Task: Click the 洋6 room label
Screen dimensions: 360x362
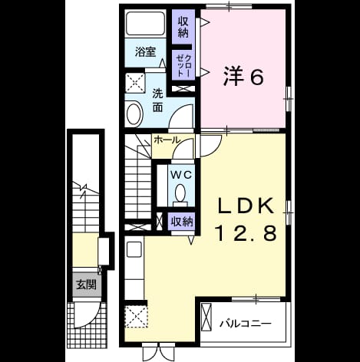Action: (x=243, y=77)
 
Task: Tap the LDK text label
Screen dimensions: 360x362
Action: (x=246, y=206)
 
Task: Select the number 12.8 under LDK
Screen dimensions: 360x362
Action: (x=246, y=233)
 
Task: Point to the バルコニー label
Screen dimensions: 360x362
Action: (x=246, y=324)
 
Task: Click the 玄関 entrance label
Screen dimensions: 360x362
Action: (x=87, y=285)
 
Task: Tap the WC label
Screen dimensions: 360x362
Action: (x=181, y=175)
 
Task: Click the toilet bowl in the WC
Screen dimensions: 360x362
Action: (x=180, y=193)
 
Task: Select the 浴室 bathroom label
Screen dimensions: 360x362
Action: (x=145, y=52)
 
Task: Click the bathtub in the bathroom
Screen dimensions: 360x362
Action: (x=145, y=24)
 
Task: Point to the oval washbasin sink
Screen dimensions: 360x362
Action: (x=134, y=114)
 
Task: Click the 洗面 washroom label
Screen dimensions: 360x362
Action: (x=157, y=101)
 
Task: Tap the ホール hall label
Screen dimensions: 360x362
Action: (x=167, y=140)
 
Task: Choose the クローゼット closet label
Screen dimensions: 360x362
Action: (x=183, y=66)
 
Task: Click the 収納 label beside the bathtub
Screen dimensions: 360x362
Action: (x=183, y=27)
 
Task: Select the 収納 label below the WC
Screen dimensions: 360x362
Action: (x=182, y=222)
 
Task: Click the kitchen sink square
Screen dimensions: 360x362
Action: (x=134, y=249)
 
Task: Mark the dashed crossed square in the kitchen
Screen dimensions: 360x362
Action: (x=137, y=317)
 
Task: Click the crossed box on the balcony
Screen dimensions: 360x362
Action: (x=206, y=317)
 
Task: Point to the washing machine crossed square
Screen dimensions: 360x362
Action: (x=135, y=83)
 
